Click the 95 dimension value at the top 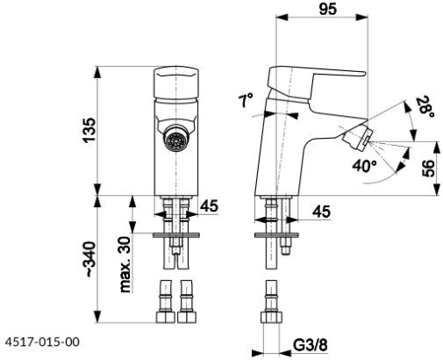[x=327, y=9]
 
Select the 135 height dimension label [x=89, y=130]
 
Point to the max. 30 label [x=125, y=264]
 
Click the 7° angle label [x=246, y=100]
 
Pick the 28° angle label [x=425, y=107]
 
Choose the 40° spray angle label [x=364, y=166]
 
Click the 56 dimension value [x=428, y=169]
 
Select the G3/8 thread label [x=311, y=345]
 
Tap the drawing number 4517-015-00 [x=42, y=342]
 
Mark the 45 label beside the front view [x=209, y=205]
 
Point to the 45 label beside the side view [x=322, y=212]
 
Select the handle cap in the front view [x=176, y=83]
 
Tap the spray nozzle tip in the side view [x=358, y=139]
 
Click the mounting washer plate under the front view [x=176, y=235]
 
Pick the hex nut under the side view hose [x=271, y=318]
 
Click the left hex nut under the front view [x=166, y=317]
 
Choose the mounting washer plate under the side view [x=276, y=235]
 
